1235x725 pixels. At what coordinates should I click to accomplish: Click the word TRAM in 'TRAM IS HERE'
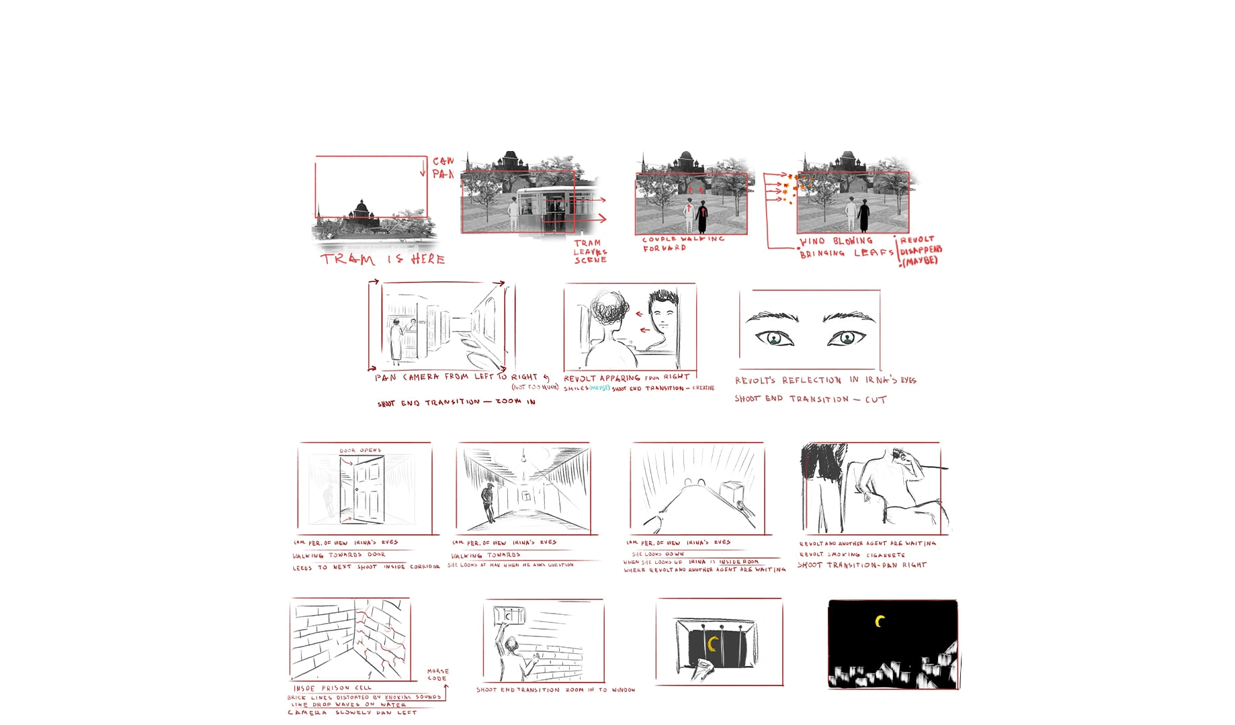[x=347, y=259]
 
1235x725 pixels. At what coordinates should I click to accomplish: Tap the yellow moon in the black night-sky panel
[x=880, y=622]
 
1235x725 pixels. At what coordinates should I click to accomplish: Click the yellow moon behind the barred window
[x=714, y=644]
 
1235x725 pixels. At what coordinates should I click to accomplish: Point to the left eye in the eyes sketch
[x=774, y=338]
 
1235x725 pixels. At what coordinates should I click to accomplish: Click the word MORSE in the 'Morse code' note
[x=438, y=671]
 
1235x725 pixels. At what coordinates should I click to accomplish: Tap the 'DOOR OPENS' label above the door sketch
[x=360, y=450]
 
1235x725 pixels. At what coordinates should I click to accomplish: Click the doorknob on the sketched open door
[x=357, y=489]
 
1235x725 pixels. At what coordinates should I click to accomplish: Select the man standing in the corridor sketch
[x=488, y=501]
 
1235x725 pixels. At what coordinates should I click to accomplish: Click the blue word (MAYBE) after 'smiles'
[x=599, y=388]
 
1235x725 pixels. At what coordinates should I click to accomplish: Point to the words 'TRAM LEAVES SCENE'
[x=589, y=251]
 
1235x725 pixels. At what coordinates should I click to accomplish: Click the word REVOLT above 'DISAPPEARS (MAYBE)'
[x=917, y=240]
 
